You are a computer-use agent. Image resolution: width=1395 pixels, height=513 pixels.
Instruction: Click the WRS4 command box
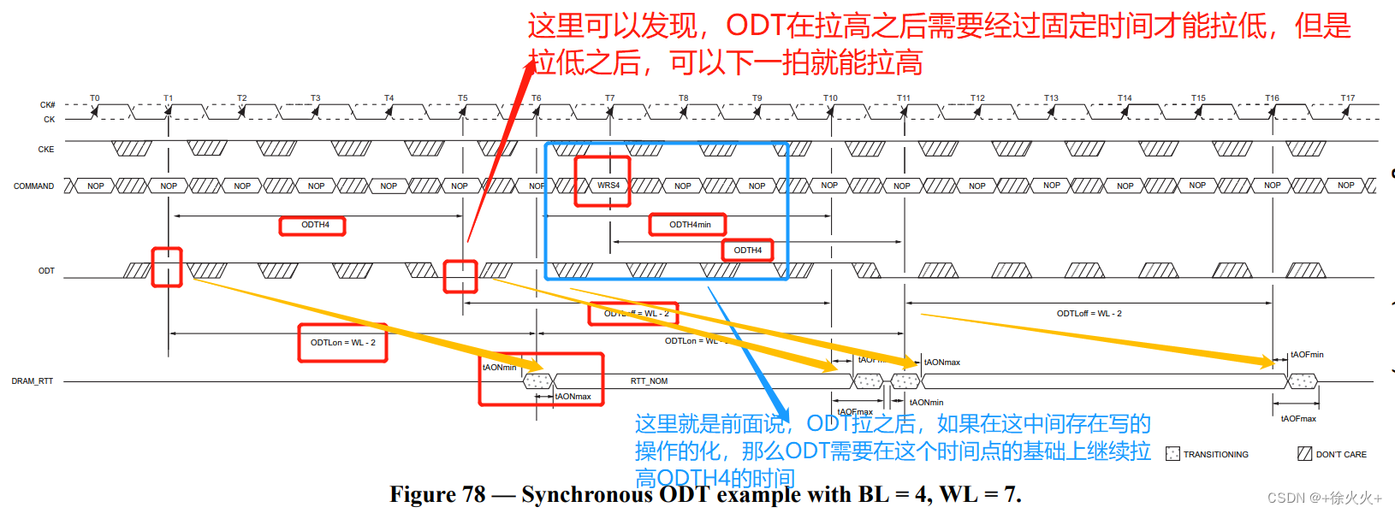pyautogui.click(x=608, y=186)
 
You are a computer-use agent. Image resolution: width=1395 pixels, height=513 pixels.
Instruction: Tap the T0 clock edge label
pyautogui.click(x=95, y=98)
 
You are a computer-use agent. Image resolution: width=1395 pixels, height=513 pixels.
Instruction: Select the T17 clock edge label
pyautogui.click(x=1348, y=98)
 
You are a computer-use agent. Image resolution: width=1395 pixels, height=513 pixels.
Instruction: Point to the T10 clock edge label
pyautogui.click(x=830, y=98)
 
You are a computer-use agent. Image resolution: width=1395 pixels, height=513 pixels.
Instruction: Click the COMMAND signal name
pyautogui.click(x=33, y=186)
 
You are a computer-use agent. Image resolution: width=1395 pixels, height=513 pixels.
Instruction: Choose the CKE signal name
pyautogui.click(x=46, y=150)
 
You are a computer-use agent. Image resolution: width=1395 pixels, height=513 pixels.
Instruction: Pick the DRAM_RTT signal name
pyautogui.click(x=33, y=381)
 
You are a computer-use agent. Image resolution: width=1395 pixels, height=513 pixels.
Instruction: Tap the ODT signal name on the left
pyautogui.click(x=46, y=271)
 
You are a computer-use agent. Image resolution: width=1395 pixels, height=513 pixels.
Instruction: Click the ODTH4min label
pyautogui.click(x=690, y=225)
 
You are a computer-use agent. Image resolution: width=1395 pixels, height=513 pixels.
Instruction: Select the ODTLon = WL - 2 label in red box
pyautogui.click(x=342, y=343)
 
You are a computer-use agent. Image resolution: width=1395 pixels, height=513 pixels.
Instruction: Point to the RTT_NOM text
pyautogui.click(x=649, y=381)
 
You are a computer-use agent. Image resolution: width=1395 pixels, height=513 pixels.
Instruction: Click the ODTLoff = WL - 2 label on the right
pyautogui.click(x=1089, y=314)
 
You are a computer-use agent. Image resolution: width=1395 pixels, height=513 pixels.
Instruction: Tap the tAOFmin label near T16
pyautogui.click(x=1307, y=355)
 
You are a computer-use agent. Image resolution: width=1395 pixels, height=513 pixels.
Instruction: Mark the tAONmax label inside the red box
pyautogui.click(x=573, y=397)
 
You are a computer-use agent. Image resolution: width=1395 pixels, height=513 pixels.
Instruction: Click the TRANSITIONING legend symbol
pyautogui.click(x=1172, y=454)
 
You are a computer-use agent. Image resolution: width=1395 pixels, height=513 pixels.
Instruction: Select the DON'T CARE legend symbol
pyautogui.click(x=1304, y=454)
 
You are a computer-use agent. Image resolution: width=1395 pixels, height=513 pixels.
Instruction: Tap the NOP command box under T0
pyautogui.click(x=95, y=186)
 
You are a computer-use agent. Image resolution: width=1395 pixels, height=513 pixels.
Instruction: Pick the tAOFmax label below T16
pyautogui.click(x=1298, y=419)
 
